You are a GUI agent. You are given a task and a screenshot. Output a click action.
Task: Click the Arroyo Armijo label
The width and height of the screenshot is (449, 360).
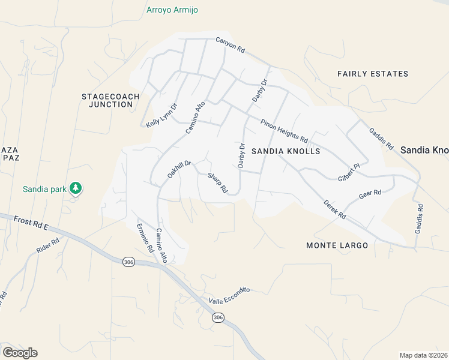[x=172, y=10]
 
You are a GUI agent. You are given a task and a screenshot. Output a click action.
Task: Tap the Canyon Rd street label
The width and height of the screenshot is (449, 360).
[x=231, y=46]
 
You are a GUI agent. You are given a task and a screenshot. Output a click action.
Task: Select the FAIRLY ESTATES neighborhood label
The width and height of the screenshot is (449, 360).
[x=372, y=74]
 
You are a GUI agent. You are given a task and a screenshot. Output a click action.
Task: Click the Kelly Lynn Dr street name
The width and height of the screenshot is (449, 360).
[x=162, y=115]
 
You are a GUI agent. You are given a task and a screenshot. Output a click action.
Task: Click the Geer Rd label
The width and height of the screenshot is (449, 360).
[x=370, y=194]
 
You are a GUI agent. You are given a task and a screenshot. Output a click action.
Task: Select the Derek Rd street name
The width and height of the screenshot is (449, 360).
[x=334, y=209]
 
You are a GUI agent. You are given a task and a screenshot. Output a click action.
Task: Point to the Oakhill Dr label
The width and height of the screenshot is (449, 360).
[x=179, y=171]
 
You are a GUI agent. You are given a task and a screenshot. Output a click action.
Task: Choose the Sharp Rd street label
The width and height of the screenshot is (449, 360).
[x=217, y=183]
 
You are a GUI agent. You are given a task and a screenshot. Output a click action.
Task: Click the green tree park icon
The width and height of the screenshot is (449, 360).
[x=76, y=188]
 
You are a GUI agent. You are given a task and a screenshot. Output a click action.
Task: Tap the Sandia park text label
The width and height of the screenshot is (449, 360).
[x=44, y=189]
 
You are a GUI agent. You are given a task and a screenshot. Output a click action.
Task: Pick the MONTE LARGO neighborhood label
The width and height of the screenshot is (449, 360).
[x=337, y=245]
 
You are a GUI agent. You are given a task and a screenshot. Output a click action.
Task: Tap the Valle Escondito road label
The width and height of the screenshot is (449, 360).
[x=229, y=295]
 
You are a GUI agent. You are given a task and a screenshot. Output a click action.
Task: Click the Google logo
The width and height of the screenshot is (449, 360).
[x=19, y=353]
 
